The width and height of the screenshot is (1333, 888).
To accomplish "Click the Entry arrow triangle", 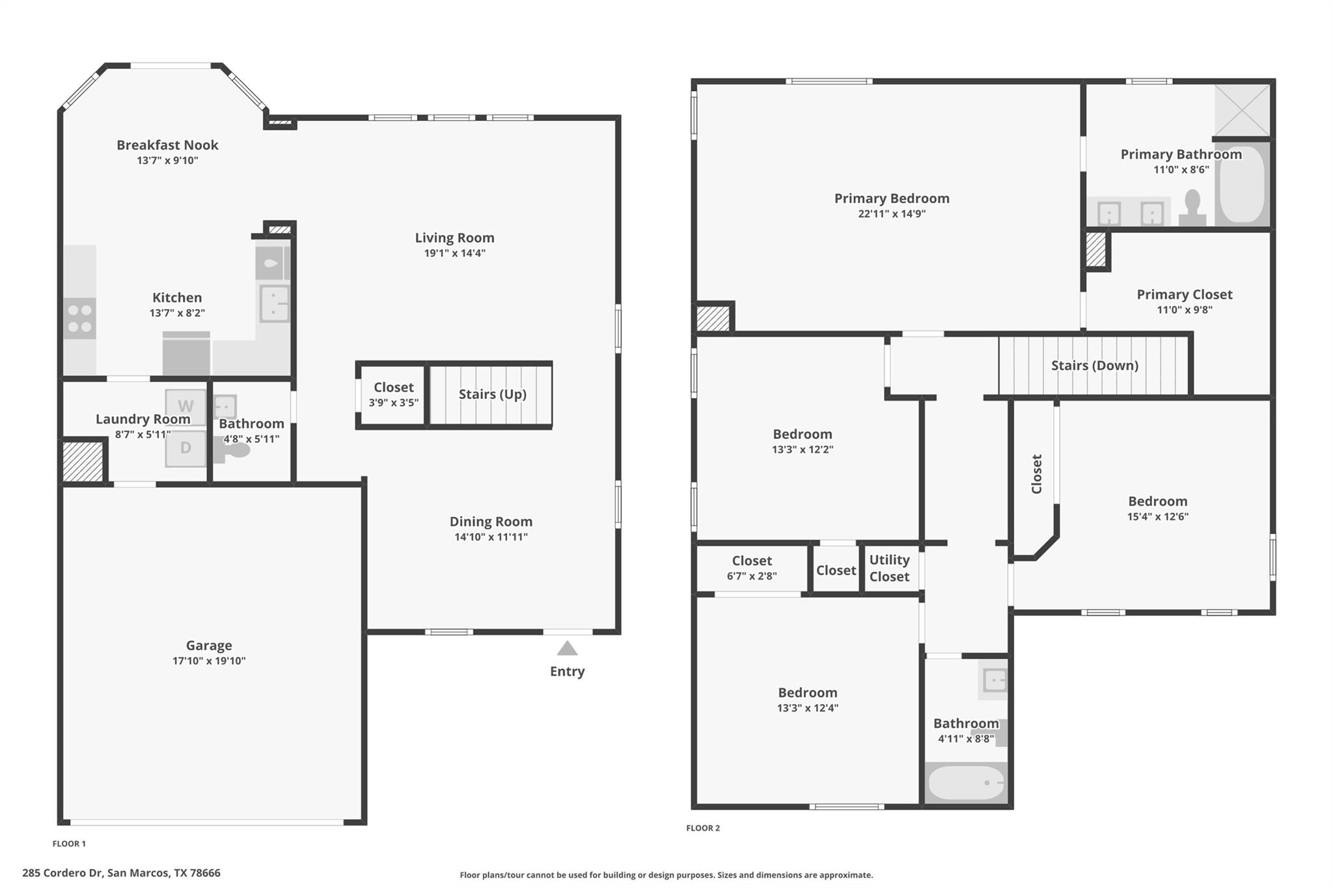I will click(x=567, y=649).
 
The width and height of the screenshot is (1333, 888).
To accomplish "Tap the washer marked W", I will click(x=186, y=407).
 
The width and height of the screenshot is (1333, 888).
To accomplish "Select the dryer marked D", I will click(x=186, y=448).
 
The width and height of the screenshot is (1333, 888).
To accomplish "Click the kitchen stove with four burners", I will click(x=79, y=318).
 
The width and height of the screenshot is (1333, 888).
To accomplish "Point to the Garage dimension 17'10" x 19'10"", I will click(x=209, y=661).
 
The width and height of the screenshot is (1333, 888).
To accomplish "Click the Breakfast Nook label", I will click(x=167, y=145).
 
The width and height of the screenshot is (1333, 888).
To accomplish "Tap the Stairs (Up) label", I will click(x=492, y=394).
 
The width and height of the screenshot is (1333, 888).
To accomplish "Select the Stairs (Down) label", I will click(x=1094, y=366).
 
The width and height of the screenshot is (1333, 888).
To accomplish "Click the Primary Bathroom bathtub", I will click(x=1242, y=184).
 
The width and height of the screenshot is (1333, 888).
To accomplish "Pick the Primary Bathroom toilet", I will click(x=1192, y=207).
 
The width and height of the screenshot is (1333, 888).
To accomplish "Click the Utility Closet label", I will click(x=889, y=568).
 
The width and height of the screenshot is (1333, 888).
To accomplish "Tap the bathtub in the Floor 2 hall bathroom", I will click(x=966, y=783).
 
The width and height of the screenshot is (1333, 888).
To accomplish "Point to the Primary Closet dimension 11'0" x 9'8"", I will click(x=1184, y=310).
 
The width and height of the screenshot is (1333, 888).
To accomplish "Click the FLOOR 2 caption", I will click(x=703, y=828).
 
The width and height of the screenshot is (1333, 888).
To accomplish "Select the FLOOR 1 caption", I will click(x=69, y=844).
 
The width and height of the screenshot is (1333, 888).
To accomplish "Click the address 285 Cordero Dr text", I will click(x=121, y=873).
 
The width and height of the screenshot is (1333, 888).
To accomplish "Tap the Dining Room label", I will click(x=491, y=522).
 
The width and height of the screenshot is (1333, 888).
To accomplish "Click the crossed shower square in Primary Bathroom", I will click(x=1242, y=109).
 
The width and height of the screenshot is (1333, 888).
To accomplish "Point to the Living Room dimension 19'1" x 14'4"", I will click(x=454, y=254).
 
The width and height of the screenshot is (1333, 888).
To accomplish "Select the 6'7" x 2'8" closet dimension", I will click(x=752, y=576).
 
